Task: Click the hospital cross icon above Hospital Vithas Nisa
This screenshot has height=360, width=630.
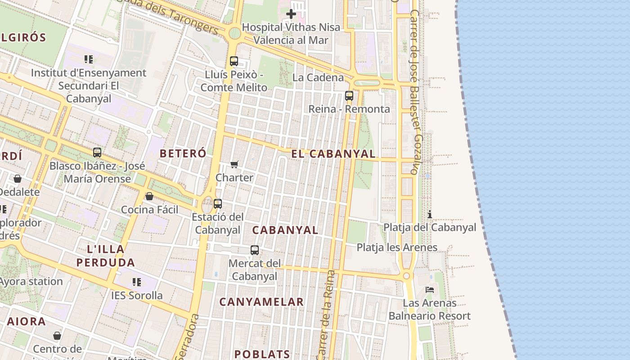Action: pos(291,14)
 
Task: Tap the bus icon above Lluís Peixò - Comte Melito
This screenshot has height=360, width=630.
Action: pos(234,61)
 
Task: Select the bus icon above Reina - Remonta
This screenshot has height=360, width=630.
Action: pos(349,95)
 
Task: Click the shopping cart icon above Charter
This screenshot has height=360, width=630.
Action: pos(234,164)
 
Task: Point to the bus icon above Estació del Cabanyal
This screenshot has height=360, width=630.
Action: pos(218,203)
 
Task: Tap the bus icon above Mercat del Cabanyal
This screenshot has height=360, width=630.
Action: pos(255,250)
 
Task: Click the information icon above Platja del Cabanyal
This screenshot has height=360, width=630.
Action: pos(430,214)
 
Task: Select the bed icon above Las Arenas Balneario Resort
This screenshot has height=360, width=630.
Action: pos(430,290)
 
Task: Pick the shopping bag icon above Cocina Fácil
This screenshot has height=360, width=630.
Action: pos(149,196)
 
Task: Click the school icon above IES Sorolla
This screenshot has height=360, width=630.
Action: pos(137,282)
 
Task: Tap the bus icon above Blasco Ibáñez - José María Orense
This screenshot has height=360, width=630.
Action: pos(97,153)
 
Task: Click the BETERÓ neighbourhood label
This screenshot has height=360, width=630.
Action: pos(183,153)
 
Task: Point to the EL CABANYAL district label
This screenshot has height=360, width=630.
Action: pos(333,154)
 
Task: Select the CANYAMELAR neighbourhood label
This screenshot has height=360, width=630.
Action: pos(261,302)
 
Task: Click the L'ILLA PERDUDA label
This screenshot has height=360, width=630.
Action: pos(105,256)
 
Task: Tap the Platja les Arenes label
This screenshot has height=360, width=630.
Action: pos(397,247)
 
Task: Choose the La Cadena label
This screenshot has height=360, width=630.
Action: pos(318,77)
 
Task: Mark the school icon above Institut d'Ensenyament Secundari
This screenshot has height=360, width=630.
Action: pos(89,59)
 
